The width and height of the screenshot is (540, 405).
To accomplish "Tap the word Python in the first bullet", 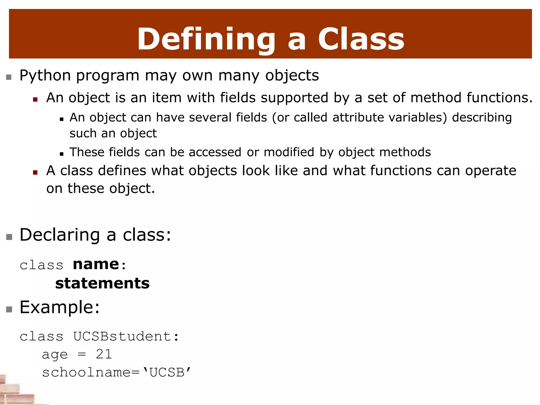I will pos(45,76).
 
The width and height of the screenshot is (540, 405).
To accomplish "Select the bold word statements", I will pos(102,283).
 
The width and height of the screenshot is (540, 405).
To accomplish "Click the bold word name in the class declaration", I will pos(96,264).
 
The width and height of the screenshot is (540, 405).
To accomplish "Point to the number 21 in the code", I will pos(104,354).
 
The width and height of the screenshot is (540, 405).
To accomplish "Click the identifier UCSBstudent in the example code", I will pos(123,336).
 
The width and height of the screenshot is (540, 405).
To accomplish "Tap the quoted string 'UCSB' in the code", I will pos(167,372).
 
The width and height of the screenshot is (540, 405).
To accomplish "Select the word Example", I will pos(60,307).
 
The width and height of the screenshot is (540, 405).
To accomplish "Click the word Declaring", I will pos(60,235).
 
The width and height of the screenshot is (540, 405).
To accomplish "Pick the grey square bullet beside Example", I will pos(9,309).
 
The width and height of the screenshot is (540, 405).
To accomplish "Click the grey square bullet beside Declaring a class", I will pos(9,237).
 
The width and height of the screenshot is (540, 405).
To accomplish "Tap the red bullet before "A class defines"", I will pos(35,172).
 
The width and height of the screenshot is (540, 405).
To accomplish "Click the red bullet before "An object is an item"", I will pos(35,99).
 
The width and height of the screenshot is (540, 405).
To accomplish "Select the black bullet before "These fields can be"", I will pos(62,154).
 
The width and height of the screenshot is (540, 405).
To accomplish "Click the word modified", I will pos(289,152).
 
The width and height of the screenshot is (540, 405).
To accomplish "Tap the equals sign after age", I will pos(82,354).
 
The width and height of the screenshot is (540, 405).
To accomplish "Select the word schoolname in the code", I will pos(86,372).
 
